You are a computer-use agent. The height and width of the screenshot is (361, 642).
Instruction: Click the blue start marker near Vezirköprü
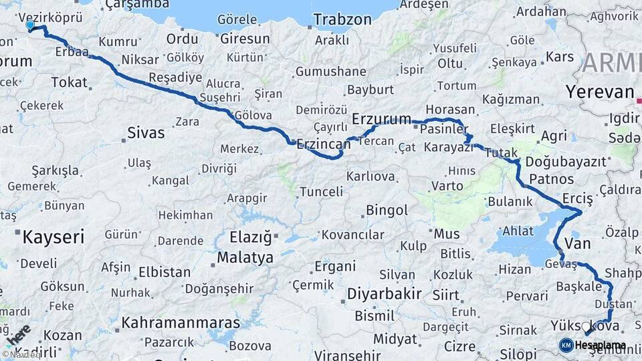click(29, 25)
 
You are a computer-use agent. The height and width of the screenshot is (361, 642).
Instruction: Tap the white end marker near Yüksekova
click(586, 327)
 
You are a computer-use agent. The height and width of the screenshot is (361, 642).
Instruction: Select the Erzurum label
click(381, 119)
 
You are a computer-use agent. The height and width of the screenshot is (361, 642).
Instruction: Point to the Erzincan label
click(323, 144)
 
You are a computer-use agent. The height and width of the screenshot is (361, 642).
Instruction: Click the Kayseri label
click(53, 237)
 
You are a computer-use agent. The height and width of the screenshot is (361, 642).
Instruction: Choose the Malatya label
click(245, 257)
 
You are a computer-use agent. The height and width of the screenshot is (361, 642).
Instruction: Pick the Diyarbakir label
click(384, 293)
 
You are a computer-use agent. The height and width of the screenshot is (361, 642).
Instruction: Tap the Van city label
click(578, 243)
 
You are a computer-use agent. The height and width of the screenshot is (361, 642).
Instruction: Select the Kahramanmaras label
click(180, 323)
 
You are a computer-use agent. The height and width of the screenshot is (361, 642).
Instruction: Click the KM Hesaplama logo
click(593, 345)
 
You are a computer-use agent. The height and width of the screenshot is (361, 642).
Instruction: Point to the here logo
click(18, 334)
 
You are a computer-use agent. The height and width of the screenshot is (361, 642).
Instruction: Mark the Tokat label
click(69, 82)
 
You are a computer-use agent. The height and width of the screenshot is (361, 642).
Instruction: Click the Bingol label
click(387, 211)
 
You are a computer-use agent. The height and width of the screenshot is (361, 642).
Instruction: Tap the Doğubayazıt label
click(566, 162)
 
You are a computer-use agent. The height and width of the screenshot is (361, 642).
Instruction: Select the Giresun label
click(245, 38)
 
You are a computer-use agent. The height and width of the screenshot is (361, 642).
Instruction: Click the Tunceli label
click(321, 192)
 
